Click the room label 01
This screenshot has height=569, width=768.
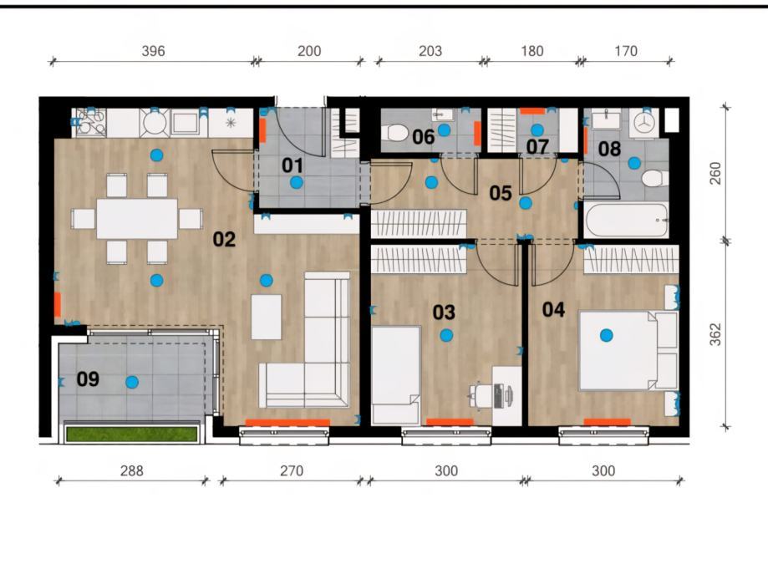tap(292, 165)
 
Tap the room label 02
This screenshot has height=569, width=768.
tap(224, 240)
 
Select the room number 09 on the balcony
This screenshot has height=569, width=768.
tap(88, 379)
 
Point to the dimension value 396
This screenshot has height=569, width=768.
tap(153, 51)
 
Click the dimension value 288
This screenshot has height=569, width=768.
tap(132, 470)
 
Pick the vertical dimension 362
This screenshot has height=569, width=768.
tap(715, 334)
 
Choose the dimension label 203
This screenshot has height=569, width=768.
tap(430, 51)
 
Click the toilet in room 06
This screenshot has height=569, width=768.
tap(394, 132)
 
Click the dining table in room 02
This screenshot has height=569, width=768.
tap(137, 218)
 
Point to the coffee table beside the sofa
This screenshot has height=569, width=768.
tap(267, 317)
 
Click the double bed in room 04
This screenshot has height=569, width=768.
tap(618, 351)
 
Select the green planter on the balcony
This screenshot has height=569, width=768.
tap(132, 434)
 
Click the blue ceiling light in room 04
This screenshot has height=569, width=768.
tap(607, 335)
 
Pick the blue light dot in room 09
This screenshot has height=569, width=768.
tap(132, 382)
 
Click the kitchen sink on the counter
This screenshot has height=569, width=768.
tap(186, 123)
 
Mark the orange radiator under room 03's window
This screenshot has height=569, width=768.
tap(450, 422)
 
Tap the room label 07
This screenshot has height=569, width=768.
tap(537, 147)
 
